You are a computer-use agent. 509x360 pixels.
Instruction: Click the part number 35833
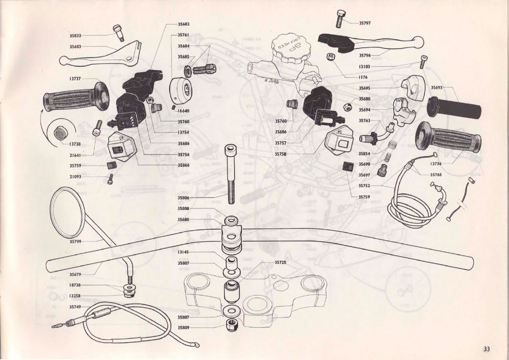tap(75, 36)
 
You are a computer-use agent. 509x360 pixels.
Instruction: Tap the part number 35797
tap(365, 23)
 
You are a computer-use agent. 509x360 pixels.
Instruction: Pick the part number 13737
tap(75, 79)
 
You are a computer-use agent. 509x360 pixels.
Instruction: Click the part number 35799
tap(75, 241)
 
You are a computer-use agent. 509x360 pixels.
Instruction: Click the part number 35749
tap(75, 307)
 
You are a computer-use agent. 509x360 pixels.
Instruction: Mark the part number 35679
tap(75, 274)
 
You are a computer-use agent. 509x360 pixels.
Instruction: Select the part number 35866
tap(183, 165)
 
